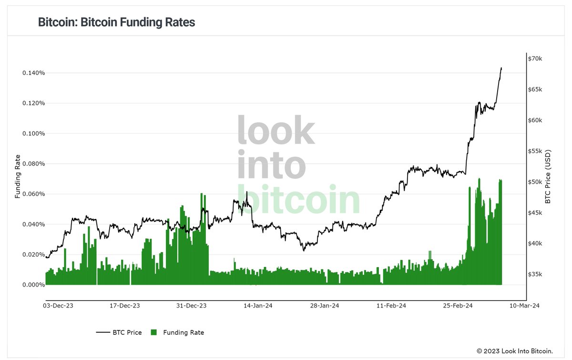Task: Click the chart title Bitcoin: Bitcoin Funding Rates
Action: point(116,22)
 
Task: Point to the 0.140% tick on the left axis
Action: point(33,73)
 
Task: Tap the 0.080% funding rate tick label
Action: point(33,164)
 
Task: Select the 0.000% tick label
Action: point(33,285)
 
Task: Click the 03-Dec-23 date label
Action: point(58,306)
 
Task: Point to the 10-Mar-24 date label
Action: point(523,306)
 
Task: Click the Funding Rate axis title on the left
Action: point(18,176)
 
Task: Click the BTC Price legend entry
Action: point(119,332)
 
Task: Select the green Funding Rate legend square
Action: point(153,332)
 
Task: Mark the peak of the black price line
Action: point(501,68)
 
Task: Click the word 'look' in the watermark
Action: point(276,130)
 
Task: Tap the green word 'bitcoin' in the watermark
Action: point(298,200)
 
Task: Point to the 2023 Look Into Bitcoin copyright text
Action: point(515,351)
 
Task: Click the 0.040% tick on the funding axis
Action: point(33,224)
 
